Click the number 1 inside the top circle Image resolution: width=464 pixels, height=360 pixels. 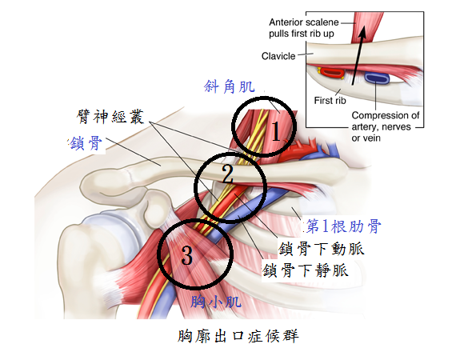coord(276,131)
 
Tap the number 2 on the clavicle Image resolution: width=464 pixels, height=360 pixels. coord(227,174)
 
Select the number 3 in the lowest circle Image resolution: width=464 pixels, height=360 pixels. coord(187,254)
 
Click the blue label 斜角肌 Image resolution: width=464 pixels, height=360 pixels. coord(230,87)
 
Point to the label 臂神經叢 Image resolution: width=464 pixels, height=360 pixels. coord(110,116)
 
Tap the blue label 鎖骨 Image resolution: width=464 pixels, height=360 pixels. coord(86,143)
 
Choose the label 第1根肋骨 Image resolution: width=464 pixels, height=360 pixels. coord(343,226)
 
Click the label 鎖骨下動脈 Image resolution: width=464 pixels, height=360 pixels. coord(321,248)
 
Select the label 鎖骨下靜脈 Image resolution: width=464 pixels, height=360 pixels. coord(305,270)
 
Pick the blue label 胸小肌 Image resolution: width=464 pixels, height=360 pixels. coord(216,302)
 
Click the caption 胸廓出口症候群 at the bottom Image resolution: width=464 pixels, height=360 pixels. coord(238,336)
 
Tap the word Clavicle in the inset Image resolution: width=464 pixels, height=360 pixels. coord(278,56)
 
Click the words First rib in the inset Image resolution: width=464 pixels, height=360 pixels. coord(330,101)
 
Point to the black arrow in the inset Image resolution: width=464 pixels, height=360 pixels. coord(358,55)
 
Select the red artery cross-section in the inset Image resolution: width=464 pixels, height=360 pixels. coord(331,73)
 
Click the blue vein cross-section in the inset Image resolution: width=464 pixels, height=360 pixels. coord(377,78)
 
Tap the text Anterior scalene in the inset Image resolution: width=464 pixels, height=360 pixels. coord(304,22)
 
